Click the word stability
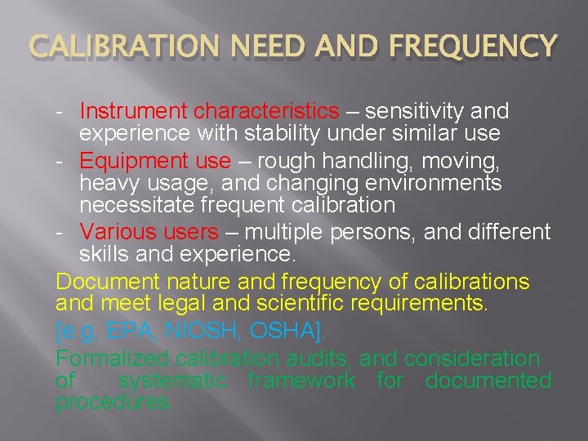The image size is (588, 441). click(288, 131)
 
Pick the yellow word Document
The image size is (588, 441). click(107, 283)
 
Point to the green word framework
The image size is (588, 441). click(301, 381)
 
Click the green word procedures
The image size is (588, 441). click(114, 402)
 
